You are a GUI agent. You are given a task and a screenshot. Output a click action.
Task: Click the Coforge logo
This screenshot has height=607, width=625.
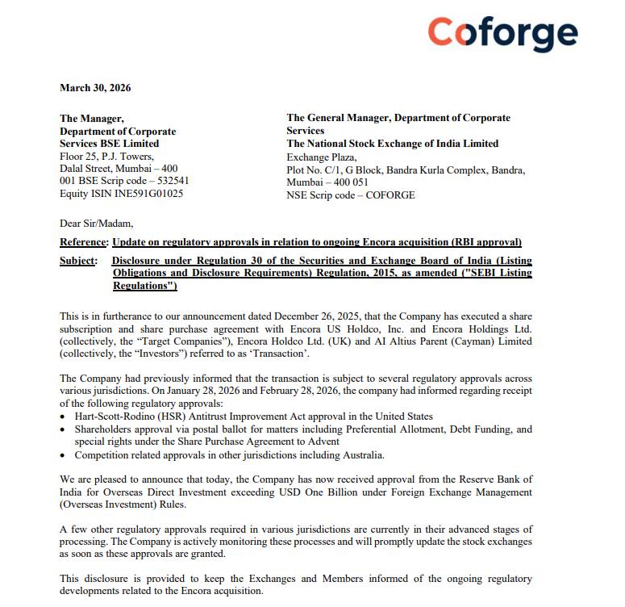pos(502,33)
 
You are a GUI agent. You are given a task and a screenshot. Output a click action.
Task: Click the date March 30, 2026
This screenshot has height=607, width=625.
pos(95,88)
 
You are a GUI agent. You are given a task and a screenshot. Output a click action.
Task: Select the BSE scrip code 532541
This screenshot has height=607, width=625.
pos(172,181)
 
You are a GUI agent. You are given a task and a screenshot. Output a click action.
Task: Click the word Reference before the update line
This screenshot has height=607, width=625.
pos(83,242)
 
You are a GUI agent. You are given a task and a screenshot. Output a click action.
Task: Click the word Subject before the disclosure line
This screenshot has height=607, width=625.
pos(78,261)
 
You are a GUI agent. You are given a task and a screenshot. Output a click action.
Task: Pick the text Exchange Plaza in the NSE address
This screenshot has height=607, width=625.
pos(321,157)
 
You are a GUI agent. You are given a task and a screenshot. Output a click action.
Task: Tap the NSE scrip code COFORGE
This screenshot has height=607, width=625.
pos(390,195)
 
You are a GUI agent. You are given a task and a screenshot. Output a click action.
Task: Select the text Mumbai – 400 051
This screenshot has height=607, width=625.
pos(327,182)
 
